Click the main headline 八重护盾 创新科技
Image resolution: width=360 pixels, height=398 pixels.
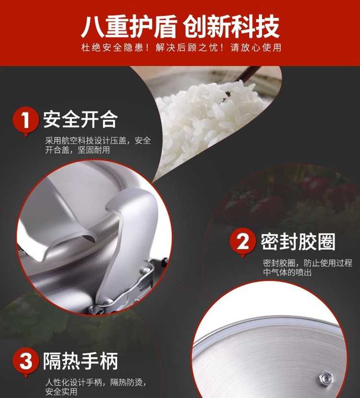click(x=180, y=26)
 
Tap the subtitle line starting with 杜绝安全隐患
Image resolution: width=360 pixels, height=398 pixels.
click(x=181, y=47)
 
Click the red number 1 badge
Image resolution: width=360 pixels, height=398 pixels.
click(x=25, y=121)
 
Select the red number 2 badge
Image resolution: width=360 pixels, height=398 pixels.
click(x=242, y=242)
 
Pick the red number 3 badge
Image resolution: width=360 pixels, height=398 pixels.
click(x=25, y=362)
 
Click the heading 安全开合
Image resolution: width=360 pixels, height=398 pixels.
click(x=81, y=119)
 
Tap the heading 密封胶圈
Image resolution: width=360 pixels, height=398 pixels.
click(x=298, y=241)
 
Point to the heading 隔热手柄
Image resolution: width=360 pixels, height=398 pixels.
click(x=81, y=361)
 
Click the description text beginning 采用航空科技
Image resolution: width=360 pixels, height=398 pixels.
click(x=98, y=145)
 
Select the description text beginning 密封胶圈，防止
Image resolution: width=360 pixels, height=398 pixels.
click(x=307, y=268)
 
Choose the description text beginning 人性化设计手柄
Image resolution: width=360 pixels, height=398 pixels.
click(x=96, y=386)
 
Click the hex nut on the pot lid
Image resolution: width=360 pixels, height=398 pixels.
click(x=324, y=378)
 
